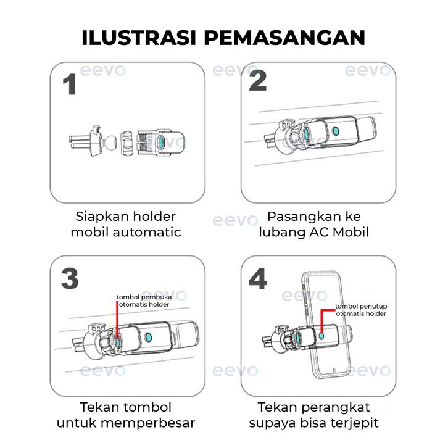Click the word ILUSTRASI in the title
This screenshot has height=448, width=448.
tap(139, 38)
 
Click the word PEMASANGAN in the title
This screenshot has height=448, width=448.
tap(284, 38)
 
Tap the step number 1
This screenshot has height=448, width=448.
tap(70, 85)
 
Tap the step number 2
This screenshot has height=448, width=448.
tap(257, 81)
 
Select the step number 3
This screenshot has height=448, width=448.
tap(70, 278)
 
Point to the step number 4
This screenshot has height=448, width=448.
tap(258, 278)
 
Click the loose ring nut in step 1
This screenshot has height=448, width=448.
tap(127, 143)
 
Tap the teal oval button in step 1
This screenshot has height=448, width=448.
tap(161, 143)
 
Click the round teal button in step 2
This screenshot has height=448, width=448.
tap(336, 131)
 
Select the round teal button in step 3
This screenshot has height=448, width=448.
tap(148, 338)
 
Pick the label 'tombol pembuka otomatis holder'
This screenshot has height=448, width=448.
tap(144, 301)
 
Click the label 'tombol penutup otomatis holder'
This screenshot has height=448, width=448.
tap(361, 310)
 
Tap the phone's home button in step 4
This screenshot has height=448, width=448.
tap(334, 371)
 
